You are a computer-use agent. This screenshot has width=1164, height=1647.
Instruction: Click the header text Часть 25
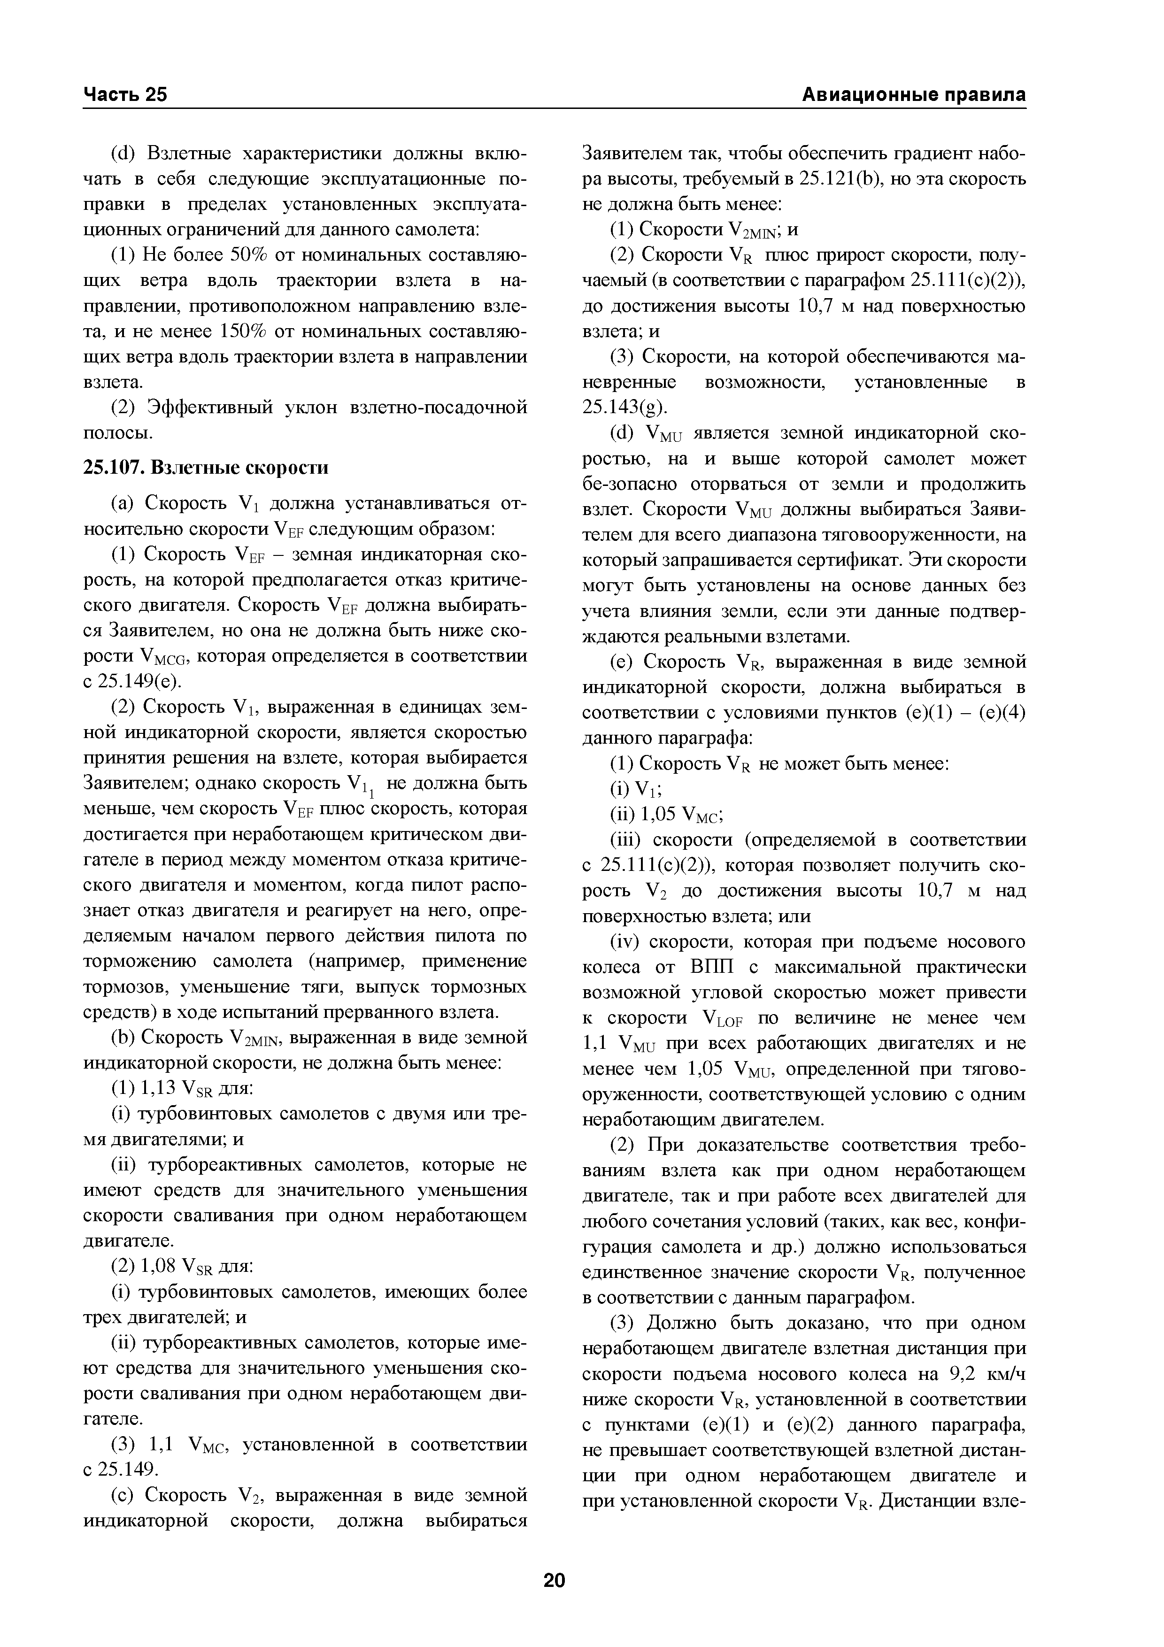[x=125, y=95]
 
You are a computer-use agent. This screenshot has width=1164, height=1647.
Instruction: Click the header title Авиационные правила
[x=913, y=95]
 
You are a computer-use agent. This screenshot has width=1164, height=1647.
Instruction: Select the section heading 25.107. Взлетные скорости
[x=206, y=468]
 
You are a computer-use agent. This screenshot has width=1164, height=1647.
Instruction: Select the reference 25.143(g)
[x=624, y=408]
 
